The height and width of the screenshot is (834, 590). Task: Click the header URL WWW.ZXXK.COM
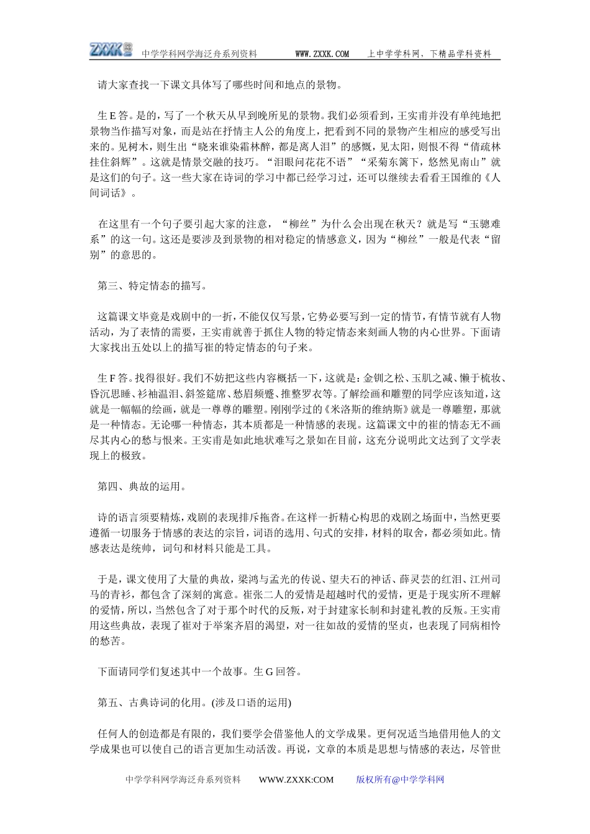[322, 55]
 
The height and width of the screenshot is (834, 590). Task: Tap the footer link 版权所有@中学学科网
[400, 780]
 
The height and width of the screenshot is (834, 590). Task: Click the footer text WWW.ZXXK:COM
[296, 780]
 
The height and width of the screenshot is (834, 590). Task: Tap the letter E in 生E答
[113, 115]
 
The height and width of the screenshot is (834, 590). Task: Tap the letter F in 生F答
[113, 379]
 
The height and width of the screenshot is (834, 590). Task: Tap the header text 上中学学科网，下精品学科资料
[429, 55]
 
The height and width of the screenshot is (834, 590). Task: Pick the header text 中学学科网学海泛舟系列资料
[199, 55]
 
